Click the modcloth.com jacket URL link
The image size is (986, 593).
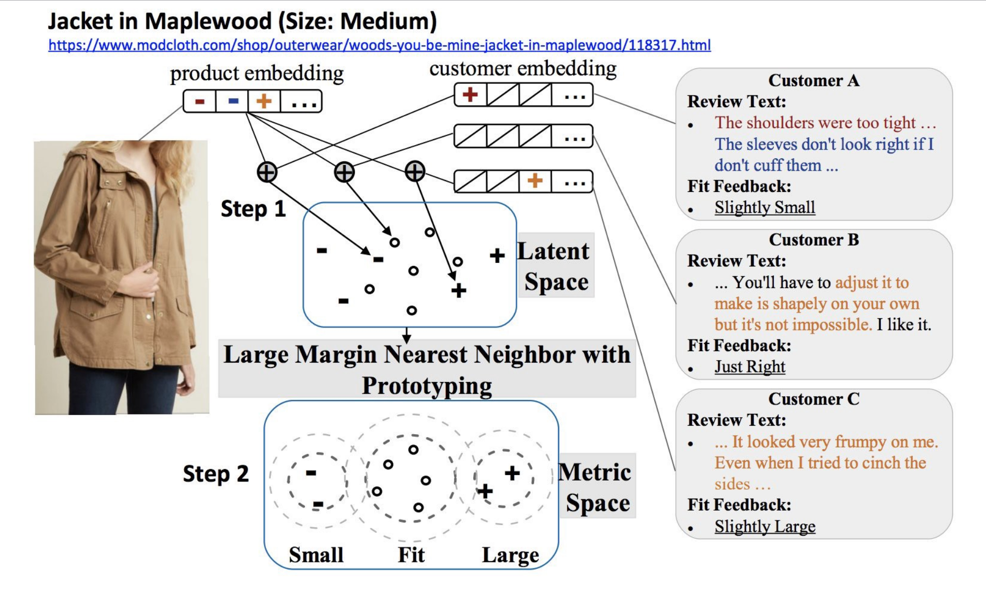(379, 45)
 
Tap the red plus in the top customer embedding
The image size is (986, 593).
(470, 94)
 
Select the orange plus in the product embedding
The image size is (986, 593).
(264, 101)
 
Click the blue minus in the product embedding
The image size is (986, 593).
(233, 101)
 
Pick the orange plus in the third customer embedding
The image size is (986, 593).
(535, 181)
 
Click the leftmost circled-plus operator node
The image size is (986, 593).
(267, 173)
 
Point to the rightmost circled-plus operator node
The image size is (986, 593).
(415, 172)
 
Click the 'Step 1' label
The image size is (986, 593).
(253, 209)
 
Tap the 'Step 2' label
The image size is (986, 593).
(216, 474)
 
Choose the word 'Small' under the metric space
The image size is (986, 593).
(316, 555)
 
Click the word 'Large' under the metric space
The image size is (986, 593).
(510, 555)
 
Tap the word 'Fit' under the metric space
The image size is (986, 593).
(411, 555)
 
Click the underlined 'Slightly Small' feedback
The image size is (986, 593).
(764, 207)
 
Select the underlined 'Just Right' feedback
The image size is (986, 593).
(750, 367)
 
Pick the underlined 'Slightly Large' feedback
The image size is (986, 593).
(764, 526)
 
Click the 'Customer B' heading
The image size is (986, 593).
(814, 240)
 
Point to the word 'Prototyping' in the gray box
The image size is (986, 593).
(427, 386)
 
